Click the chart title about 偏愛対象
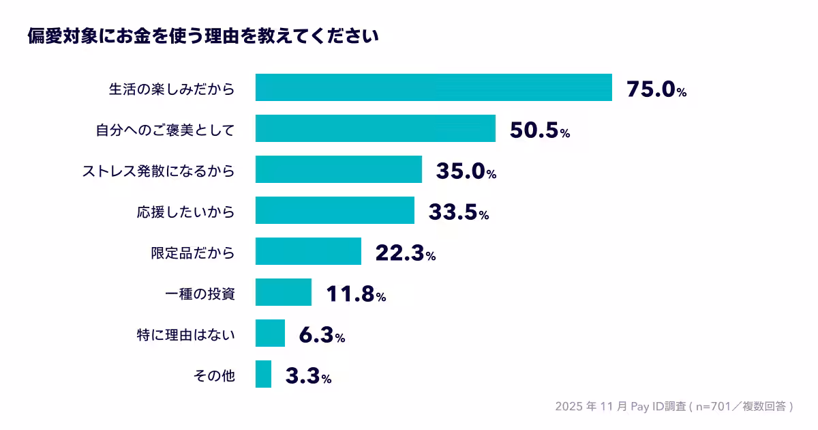[202, 35]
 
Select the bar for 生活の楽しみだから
[434, 88]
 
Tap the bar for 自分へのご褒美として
[376, 129]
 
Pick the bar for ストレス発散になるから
[339, 170]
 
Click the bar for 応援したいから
[335, 211]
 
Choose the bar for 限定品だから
[308, 252]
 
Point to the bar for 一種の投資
[284, 293]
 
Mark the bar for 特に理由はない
[270, 334]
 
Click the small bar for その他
[263, 375]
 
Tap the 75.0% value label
[656, 89]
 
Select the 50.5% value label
[539, 130]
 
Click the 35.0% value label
[466, 171]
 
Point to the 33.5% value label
[458, 212]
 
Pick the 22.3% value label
[405, 253]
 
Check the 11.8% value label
[356, 294]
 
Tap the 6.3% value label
[322, 335]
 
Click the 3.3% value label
[308, 376]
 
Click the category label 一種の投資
[200, 293]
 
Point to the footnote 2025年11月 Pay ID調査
[673, 407]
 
